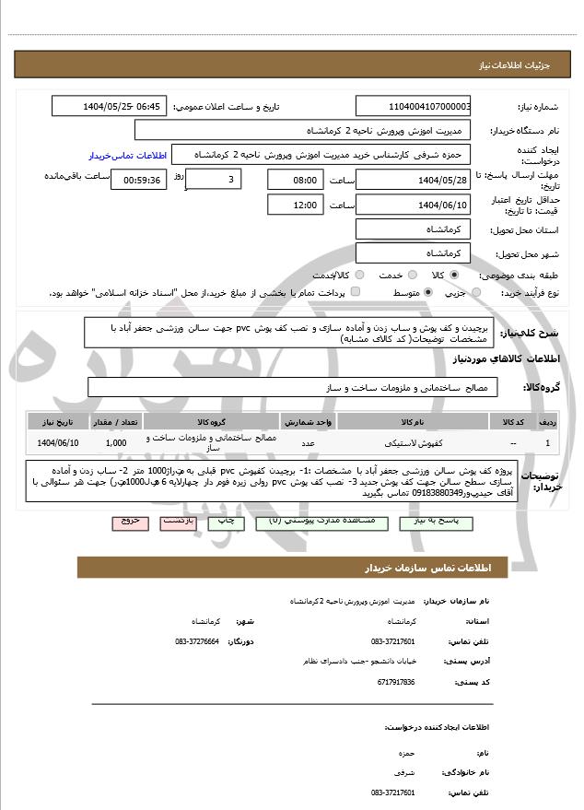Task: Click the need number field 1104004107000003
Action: (x=413, y=107)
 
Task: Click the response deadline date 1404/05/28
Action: (x=413, y=180)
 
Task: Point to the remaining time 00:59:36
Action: (x=138, y=180)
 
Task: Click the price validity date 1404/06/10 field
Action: (x=413, y=205)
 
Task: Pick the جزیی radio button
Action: (x=475, y=293)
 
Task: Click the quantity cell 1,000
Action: (x=115, y=443)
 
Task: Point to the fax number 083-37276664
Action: (x=197, y=640)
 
